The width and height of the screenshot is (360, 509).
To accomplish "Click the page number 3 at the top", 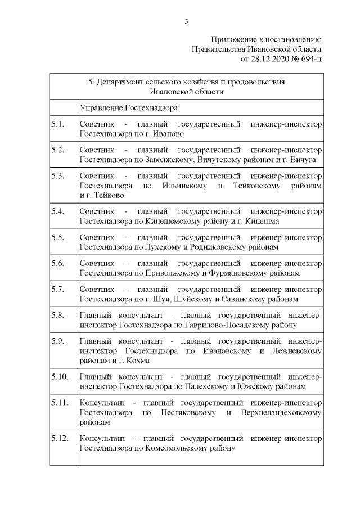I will pyautogui.click(x=186, y=21).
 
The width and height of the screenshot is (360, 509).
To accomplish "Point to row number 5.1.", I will pyautogui.click(x=57, y=124).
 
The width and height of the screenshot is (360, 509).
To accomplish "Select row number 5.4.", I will pyautogui.click(x=57, y=211).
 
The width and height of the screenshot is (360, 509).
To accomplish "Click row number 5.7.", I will pyautogui.click(x=57, y=289).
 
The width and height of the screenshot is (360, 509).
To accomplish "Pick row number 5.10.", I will pyautogui.click(x=59, y=376).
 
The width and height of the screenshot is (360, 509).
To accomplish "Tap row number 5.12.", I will pyautogui.click(x=59, y=438).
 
